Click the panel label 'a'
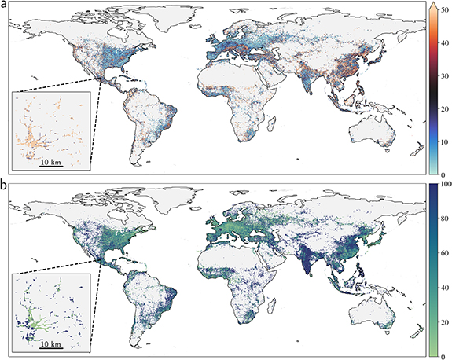[4, 6]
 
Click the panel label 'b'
[4, 187]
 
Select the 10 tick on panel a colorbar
[444, 141]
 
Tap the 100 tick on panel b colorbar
[446, 183]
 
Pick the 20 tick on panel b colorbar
[444, 321]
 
